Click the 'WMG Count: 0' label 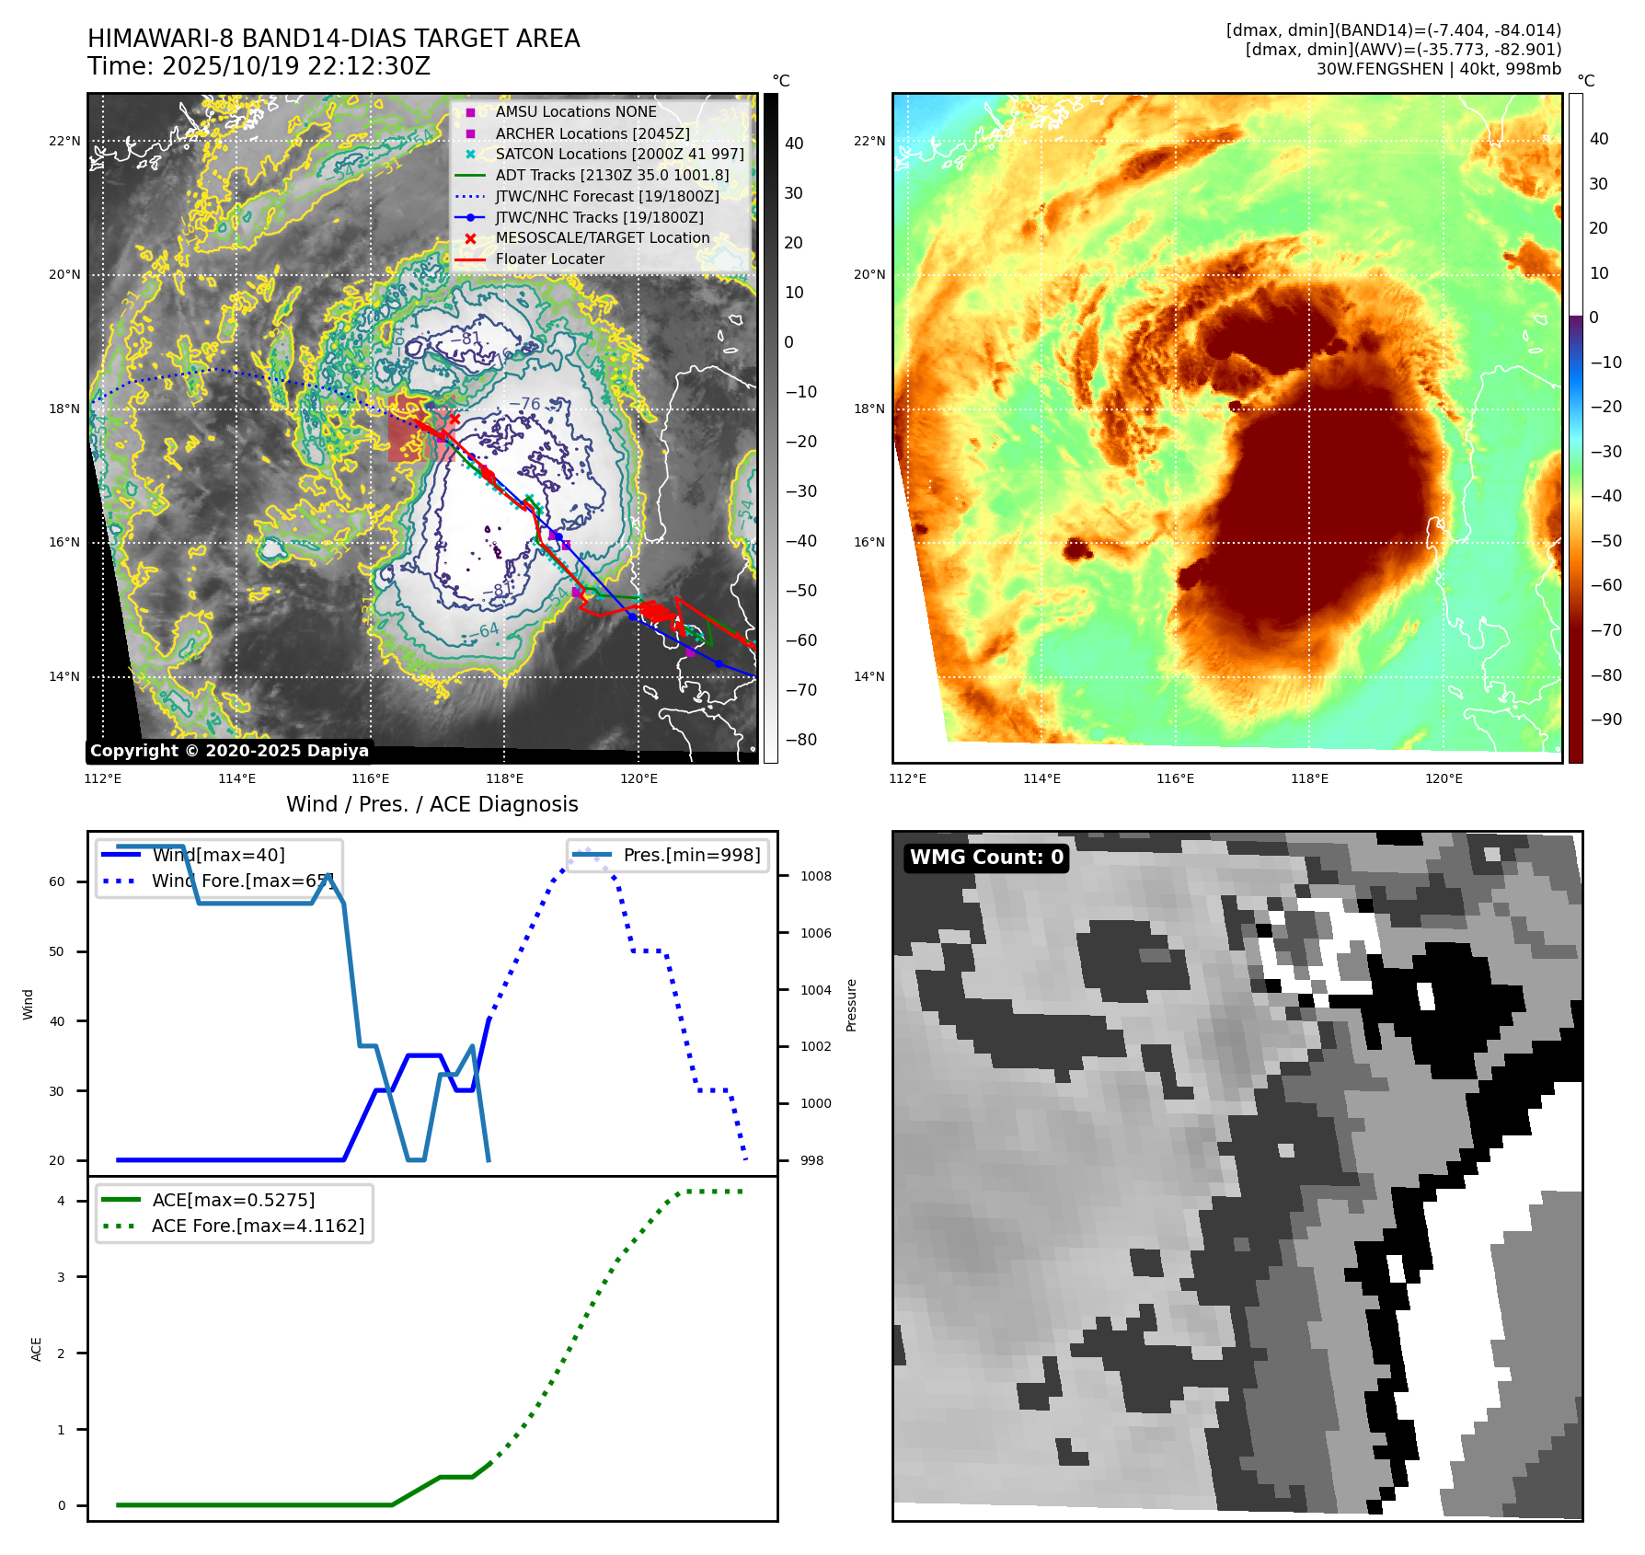tap(986, 858)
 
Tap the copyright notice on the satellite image tap(229, 751)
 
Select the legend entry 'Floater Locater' tap(549, 259)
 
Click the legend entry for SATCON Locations tap(619, 155)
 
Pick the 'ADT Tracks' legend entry tap(612, 176)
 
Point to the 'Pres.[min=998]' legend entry tap(691, 856)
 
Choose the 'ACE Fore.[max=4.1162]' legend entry tap(258, 1226)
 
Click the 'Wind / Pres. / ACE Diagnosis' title tap(432, 805)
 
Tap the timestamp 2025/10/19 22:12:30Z tap(295, 67)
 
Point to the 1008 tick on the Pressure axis tap(815, 877)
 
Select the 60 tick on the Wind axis tap(57, 881)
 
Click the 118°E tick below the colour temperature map tap(1309, 779)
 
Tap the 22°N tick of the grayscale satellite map tap(64, 142)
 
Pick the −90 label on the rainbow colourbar tap(1606, 720)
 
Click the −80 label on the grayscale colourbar tap(800, 740)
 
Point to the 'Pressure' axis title tap(852, 1005)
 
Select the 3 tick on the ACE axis tap(62, 1277)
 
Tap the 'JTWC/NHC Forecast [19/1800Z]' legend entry tap(607, 197)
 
